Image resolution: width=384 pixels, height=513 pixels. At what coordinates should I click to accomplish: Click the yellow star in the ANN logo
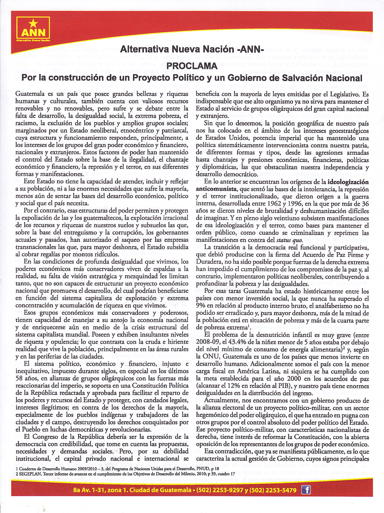coord(33,23)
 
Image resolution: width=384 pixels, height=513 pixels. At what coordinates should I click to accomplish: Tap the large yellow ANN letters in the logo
coord(33,32)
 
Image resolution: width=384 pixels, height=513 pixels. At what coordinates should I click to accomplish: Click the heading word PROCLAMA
coord(192,66)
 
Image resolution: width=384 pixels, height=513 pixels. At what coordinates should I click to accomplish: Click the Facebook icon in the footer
coord(306,490)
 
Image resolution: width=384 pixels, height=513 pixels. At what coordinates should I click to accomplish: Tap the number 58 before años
coord(19,379)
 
